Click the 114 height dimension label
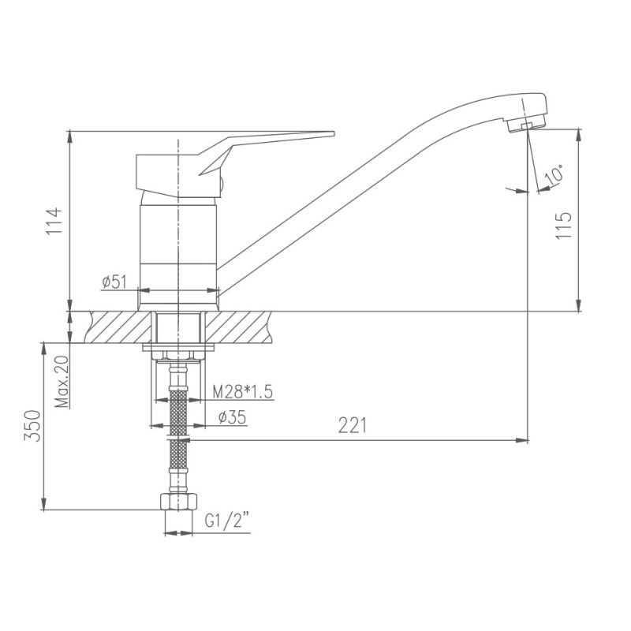tap(54, 222)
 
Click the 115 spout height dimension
tap(563, 226)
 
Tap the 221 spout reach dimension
tap(353, 425)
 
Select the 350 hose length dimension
tap(32, 426)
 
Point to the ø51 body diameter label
tap(114, 282)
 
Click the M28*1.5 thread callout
tap(243, 391)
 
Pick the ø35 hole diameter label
tap(232, 418)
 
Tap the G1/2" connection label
tap(227, 521)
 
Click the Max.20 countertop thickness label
tap(62, 382)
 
